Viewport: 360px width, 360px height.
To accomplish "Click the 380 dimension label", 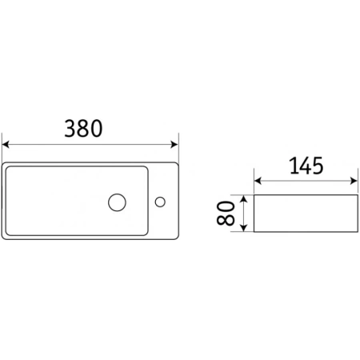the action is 83,129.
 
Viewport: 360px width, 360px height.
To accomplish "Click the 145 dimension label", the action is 306,166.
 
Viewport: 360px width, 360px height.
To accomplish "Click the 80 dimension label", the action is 226,213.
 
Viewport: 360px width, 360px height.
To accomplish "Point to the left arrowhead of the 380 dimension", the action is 6,145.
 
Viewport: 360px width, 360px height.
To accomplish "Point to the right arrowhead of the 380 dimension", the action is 174,145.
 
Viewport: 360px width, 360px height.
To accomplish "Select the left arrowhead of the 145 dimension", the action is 258,181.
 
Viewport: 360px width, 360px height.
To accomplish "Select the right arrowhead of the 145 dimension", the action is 354,181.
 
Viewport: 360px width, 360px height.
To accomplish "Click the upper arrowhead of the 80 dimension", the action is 243,198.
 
